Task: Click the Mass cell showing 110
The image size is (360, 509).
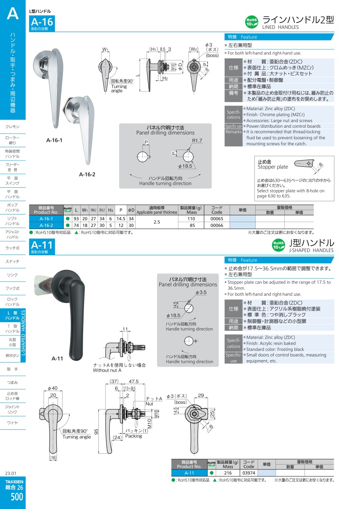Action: coord(191,218)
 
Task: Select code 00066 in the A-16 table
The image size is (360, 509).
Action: coord(217,225)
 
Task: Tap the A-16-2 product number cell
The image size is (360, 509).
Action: coord(46,225)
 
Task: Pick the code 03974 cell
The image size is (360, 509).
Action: coord(249,473)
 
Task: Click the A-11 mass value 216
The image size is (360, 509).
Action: coord(228,473)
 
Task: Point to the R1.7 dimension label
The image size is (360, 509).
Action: coord(197,140)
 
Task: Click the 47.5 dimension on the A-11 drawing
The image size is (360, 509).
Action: coord(134,381)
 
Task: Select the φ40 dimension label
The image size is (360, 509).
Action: coord(53,388)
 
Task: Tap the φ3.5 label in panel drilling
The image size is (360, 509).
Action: coord(201,292)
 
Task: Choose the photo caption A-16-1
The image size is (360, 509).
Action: coord(54,140)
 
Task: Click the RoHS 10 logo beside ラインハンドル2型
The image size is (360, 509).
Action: coord(252,22)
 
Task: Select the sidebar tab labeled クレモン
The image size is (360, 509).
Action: coord(12,126)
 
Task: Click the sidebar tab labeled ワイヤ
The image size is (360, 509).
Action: coord(12,423)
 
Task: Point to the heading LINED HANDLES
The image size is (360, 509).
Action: coord(280,27)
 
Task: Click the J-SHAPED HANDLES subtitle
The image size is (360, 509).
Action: coord(311,250)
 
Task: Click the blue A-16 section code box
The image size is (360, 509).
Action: coord(42,23)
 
